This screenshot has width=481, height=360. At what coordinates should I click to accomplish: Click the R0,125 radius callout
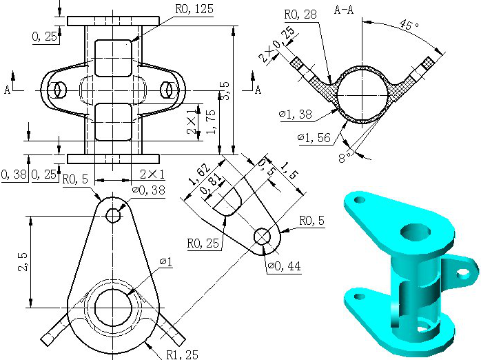pyautogui.click(x=194, y=8)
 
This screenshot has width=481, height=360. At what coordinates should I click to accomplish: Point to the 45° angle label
pyautogui.click(x=409, y=24)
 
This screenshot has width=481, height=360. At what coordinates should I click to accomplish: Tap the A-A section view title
pyautogui.click(x=344, y=10)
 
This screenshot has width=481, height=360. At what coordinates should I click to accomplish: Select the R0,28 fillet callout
pyautogui.click(x=300, y=14)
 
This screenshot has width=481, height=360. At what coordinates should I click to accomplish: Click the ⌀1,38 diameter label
pyautogui.click(x=296, y=114)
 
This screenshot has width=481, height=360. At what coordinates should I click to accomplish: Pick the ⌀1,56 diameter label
pyautogui.click(x=314, y=138)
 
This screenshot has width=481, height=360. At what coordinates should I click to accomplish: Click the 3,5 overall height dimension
pyautogui.click(x=225, y=91)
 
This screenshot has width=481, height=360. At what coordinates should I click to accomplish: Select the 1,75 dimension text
pyautogui.click(x=211, y=122)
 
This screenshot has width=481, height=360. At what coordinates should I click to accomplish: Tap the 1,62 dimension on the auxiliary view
pyautogui.click(x=200, y=174)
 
